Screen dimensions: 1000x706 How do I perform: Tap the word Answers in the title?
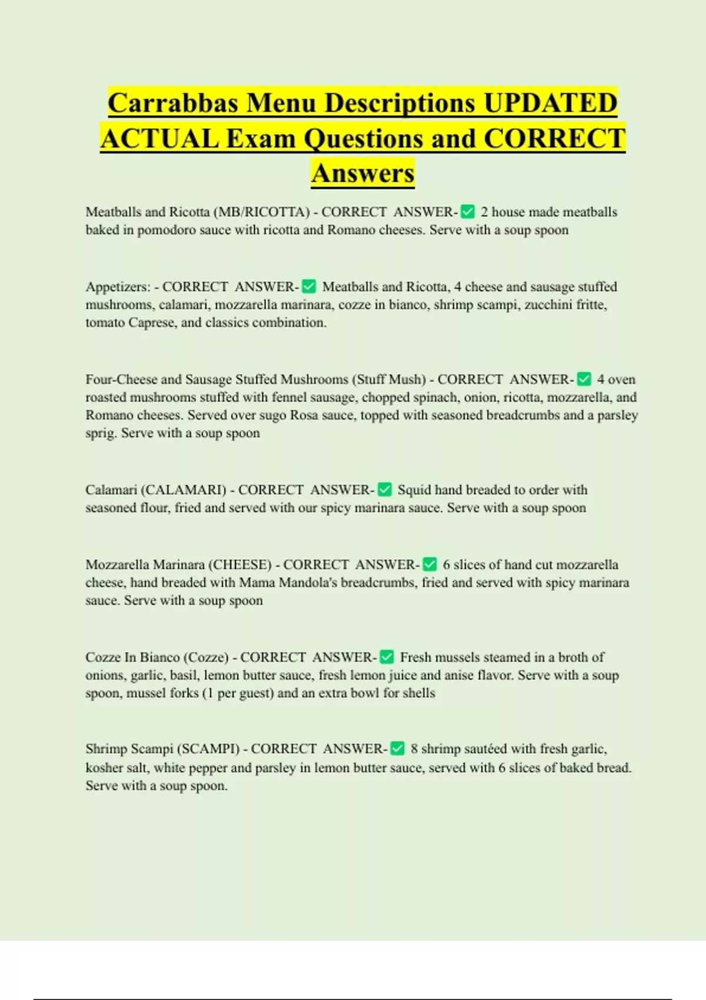click(x=363, y=173)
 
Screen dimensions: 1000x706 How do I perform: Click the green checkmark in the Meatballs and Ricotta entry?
click(x=468, y=212)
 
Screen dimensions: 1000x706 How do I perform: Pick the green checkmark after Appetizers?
click(x=309, y=287)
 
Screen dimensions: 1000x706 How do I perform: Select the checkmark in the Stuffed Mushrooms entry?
click(x=584, y=379)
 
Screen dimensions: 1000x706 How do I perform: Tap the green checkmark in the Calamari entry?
click(x=385, y=490)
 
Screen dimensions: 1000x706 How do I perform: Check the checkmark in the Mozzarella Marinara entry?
click(x=430, y=565)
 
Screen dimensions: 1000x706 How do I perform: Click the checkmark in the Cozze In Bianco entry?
click(x=387, y=657)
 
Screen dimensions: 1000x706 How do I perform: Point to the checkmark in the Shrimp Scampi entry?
click(x=398, y=749)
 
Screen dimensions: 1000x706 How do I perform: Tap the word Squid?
click(x=414, y=490)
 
